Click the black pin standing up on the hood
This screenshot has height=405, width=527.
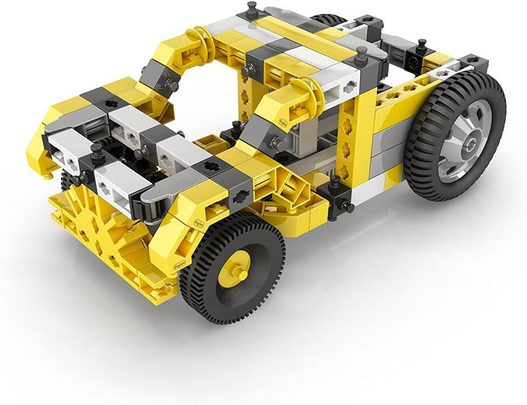pyautogui.click(x=96, y=153)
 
